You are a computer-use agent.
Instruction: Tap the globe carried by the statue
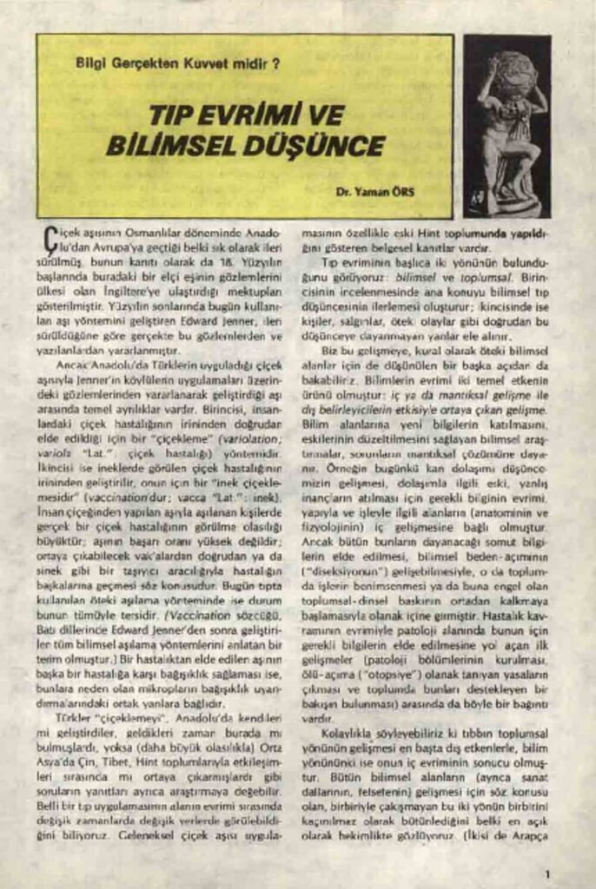513,73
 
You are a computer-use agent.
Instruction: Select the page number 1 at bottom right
547,873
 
